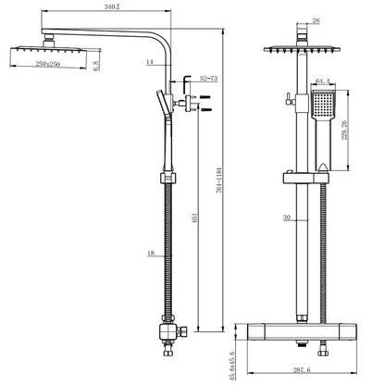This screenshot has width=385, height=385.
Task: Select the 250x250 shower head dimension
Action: pos(41,65)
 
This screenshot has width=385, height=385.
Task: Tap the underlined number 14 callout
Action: pos(149,62)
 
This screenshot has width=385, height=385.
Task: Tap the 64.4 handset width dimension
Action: pos(324,81)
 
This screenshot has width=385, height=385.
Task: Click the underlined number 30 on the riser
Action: pos(286,219)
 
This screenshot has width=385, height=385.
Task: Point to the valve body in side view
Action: pos(168,330)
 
